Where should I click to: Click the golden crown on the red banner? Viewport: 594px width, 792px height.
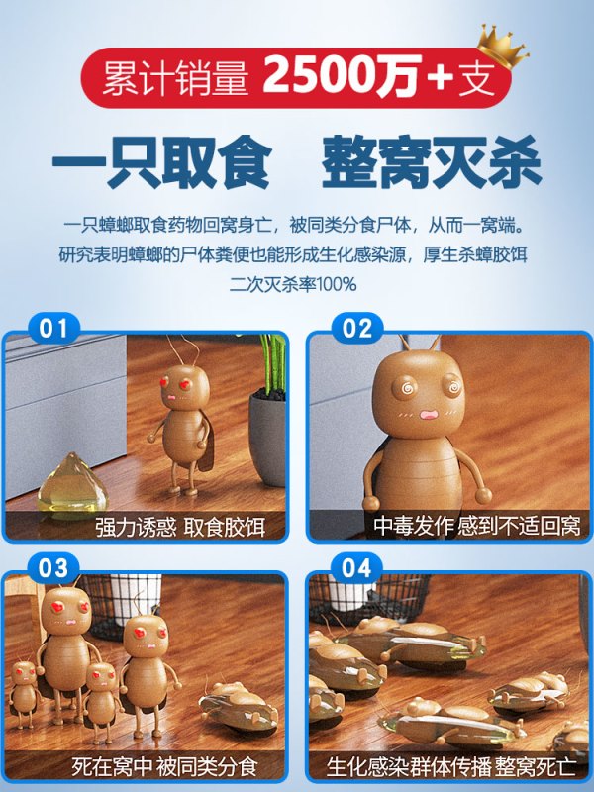pyautogui.click(x=502, y=46)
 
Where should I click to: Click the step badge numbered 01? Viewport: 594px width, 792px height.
pyautogui.click(x=53, y=329)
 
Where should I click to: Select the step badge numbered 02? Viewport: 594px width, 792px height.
pyautogui.click(x=357, y=329)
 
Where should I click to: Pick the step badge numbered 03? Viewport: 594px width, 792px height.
pyautogui.click(x=53, y=568)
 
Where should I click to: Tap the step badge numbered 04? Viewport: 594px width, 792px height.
pyautogui.click(x=357, y=568)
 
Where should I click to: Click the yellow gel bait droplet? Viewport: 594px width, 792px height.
pyautogui.click(x=72, y=485)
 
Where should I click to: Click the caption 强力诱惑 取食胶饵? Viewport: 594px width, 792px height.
pyautogui.click(x=180, y=528)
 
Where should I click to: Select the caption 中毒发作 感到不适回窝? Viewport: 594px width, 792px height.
pyautogui.click(x=477, y=527)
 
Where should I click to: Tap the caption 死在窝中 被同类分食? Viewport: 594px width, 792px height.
pyautogui.click(x=164, y=766)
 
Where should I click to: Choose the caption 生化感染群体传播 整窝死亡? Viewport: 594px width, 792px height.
pyautogui.click(x=451, y=766)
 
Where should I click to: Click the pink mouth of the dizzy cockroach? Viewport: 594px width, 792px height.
pyautogui.click(x=430, y=415)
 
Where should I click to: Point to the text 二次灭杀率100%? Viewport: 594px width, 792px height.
pyautogui.click(x=293, y=284)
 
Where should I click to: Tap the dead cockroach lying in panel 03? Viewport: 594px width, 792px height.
pyautogui.click(x=239, y=706)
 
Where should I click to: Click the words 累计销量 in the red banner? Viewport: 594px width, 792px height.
pyautogui.click(x=176, y=78)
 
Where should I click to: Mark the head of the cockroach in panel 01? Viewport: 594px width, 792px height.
pyautogui.click(x=185, y=385)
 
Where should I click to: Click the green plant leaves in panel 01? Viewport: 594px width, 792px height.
pyautogui.click(x=273, y=361)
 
